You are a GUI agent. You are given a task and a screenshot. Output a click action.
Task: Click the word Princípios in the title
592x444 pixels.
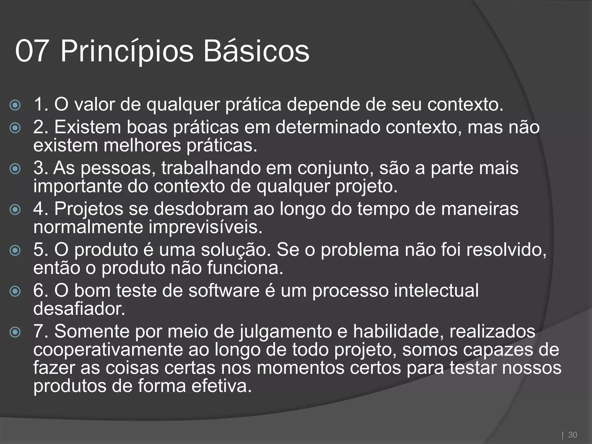point(127,51)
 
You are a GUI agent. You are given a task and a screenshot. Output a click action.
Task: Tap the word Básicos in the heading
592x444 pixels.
point(256,51)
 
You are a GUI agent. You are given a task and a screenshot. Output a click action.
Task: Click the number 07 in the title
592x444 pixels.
point(31,51)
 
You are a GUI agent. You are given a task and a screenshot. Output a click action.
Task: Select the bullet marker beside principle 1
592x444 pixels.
point(15,105)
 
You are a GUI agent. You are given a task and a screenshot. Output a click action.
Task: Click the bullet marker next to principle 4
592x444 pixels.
point(15,210)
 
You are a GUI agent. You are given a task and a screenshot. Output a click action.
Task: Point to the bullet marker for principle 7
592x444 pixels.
point(15,332)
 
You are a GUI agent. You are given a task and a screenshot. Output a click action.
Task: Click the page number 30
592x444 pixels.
point(572,435)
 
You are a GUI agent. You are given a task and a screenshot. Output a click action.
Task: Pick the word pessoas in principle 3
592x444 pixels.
point(116,168)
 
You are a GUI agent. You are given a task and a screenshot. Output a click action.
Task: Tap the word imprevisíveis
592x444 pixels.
point(205,227)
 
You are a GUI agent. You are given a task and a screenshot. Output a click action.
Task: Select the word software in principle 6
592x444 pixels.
point(224,291)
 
